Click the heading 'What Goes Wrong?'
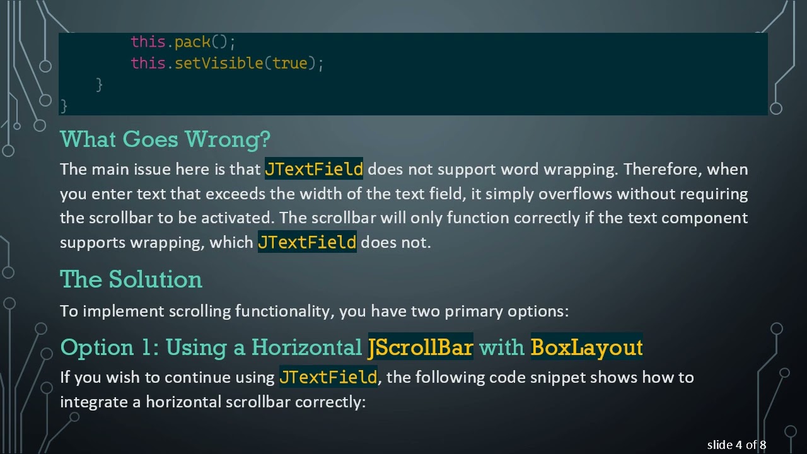(165, 139)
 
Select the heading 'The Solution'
(131, 279)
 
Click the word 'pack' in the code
(192, 42)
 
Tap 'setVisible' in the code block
(218, 64)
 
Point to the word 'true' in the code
(289, 64)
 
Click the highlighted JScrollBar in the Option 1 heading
(420, 347)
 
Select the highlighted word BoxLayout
(586, 347)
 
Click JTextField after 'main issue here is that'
(313, 170)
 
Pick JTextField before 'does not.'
(306, 243)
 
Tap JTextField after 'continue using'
(328, 378)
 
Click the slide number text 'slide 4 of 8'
(736, 445)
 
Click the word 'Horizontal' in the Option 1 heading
(306, 347)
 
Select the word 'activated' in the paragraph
(237, 218)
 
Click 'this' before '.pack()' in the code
(148, 42)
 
